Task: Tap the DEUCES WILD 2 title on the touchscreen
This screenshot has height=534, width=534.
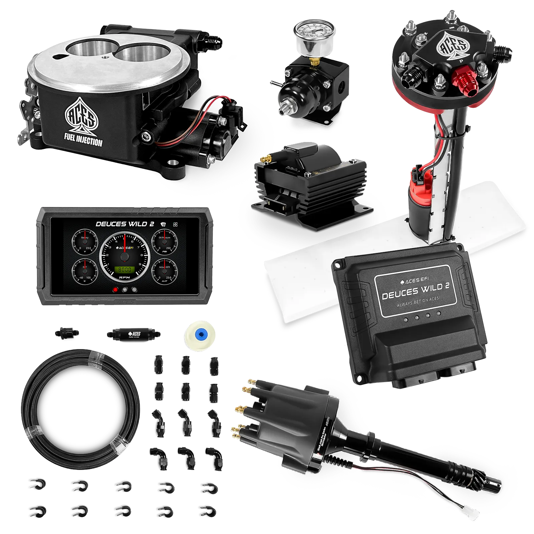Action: [125, 224]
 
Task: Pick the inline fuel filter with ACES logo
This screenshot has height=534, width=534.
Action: [135, 334]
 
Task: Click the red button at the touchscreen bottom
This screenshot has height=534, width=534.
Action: [115, 290]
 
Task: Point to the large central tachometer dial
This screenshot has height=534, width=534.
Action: [124, 256]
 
